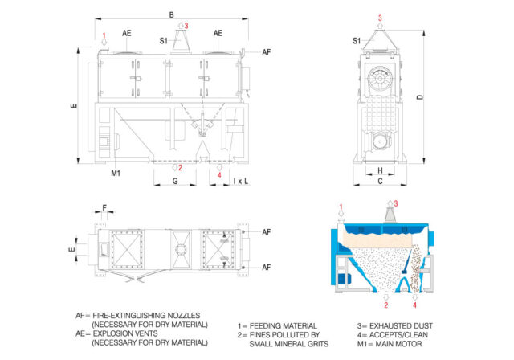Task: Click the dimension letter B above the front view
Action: coord(171,14)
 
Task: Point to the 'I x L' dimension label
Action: coord(241,182)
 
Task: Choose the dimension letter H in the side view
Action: coord(380,171)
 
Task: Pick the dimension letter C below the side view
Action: coord(380,182)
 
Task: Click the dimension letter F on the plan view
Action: coord(105,207)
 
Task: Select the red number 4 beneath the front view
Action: coord(220,174)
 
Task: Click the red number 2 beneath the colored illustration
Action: coord(386,305)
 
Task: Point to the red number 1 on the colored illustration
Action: coord(341,207)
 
